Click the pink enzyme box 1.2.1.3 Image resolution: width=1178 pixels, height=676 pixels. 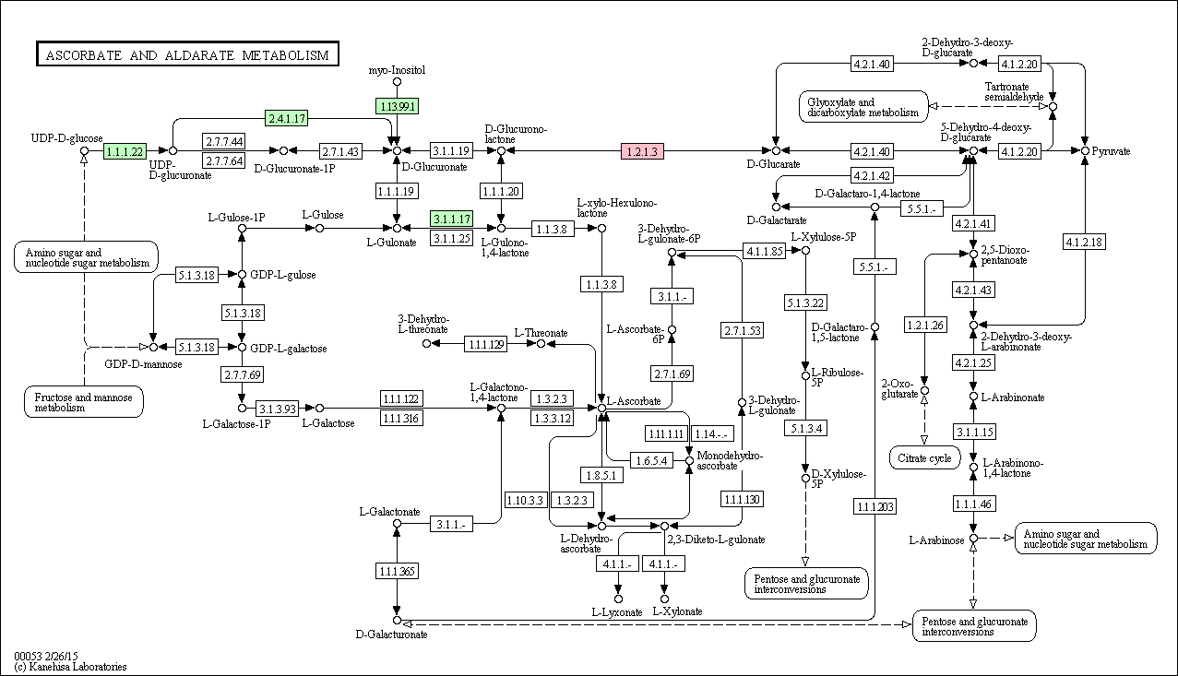pyautogui.click(x=642, y=151)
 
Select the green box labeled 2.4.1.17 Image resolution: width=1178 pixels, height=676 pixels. pyautogui.click(x=287, y=118)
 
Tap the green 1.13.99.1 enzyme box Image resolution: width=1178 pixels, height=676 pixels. pyautogui.click(x=397, y=106)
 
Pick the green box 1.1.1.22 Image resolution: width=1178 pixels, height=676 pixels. pyautogui.click(x=125, y=151)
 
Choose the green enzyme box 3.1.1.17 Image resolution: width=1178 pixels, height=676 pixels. pyautogui.click(x=452, y=219)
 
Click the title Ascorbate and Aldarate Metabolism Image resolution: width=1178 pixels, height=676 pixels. pyautogui.click(x=187, y=54)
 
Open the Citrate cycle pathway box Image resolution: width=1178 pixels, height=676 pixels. pyautogui.click(x=924, y=457)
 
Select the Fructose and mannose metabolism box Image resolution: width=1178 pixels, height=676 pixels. pyautogui.click(x=84, y=402)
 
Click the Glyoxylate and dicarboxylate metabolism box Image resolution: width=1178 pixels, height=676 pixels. pyautogui.click(x=863, y=107)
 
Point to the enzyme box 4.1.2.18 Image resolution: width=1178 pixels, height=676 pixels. pyautogui.click(x=1084, y=242)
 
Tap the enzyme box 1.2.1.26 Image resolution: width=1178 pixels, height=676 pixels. pyautogui.click(x=925, y=325)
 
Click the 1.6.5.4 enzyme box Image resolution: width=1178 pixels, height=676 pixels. pyautogui.click(x=651, y=460)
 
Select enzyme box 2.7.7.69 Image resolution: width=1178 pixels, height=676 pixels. pyautogui.click(x=242, y=374)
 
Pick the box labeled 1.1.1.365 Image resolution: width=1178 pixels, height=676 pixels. pyautogui.click(x=397, y=571)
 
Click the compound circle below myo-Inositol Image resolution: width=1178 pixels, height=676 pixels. pyautogui.click(x=397, y=81)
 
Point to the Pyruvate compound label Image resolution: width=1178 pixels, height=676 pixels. pyautogui.click(x=1111, y=151)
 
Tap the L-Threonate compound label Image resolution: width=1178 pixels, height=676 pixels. pyautogui.click(x=541, y=333)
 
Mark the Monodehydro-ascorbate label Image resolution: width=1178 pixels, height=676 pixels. pyautogui.click(x=730, y=460)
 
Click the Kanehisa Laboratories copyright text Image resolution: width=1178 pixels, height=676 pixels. pyautogui.click(x=70, y=667)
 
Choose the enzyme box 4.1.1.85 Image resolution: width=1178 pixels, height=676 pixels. pyautogui.click(x=764, y=251)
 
